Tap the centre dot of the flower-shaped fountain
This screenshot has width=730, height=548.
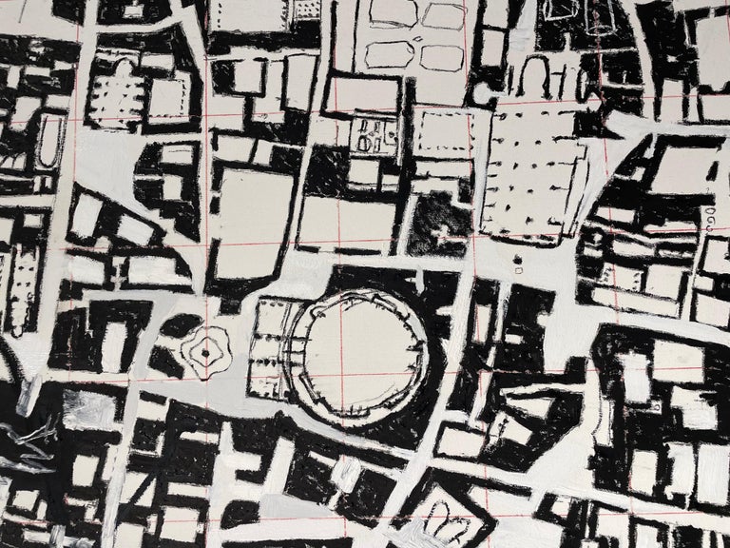(204, 353)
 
